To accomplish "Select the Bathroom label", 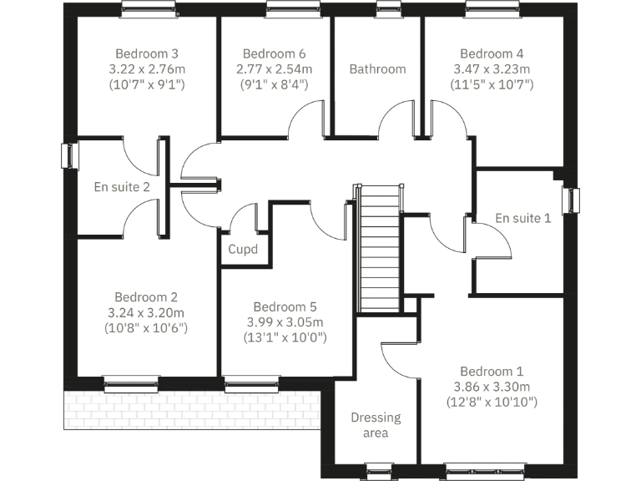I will tap(377, 68).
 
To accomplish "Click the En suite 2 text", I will tap(122, 186).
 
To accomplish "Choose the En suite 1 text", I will tap(523, 218).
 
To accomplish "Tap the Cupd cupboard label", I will tap(243, 249).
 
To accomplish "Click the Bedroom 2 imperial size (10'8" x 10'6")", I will tap(146, 328).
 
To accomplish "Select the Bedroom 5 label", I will tap(285, 306).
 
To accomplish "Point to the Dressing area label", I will tap(376, 425).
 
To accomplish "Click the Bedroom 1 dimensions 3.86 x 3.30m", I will tap(492, 387).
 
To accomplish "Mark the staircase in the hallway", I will tap(379, 247).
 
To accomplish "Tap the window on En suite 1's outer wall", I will tap(574, 200).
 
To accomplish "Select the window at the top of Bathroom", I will tap(388, 9).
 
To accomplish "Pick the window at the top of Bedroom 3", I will tap(148, 9).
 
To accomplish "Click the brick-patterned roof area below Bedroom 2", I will tap(192, 409).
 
